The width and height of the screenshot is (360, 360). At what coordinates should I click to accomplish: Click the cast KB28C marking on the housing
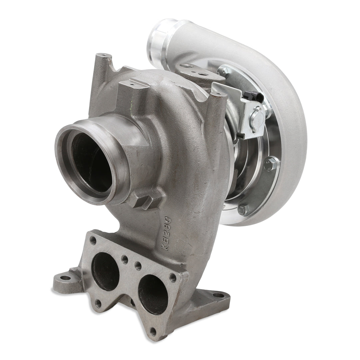[166, 233]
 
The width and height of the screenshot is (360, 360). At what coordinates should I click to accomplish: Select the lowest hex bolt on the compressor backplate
[244, 210]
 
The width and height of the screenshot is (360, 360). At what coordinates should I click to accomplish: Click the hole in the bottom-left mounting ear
[66, 277]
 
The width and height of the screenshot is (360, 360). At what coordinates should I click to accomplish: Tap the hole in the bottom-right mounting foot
[218, 295]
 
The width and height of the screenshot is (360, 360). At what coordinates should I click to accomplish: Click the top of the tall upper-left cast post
[104, 55]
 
